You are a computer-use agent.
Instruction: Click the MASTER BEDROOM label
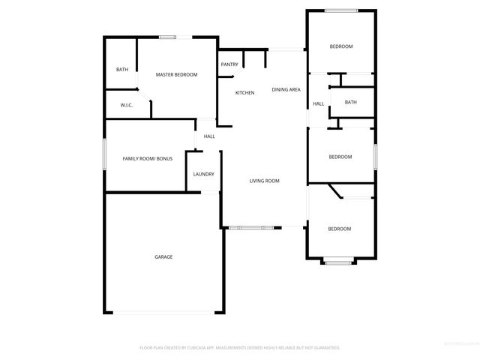(176, 75)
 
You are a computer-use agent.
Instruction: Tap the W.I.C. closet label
(126, 105)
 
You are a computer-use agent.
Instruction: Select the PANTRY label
(229, 64)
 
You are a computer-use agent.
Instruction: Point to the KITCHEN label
(244, 92)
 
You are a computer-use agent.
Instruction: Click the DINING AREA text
(286, 89)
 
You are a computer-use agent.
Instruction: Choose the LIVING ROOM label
(264, 181)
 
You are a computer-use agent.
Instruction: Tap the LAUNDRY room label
(203, 174)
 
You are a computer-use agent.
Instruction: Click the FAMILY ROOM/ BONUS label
(148, 159)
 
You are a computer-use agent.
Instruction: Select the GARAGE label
(163, 256)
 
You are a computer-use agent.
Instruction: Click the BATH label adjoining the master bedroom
(121, 70)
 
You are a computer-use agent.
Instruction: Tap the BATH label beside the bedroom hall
(350, 102)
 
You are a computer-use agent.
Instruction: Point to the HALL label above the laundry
(209, 136)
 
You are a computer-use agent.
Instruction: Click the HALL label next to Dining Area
(318, 103)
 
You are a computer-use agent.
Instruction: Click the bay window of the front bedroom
(339, 262)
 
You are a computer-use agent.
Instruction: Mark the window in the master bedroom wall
(167, 37)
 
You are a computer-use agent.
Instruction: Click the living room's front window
(252, 226)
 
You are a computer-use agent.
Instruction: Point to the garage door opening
(163, 313)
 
